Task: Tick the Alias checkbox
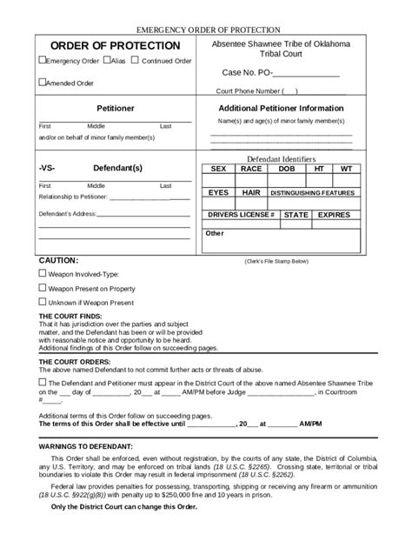point(106,61)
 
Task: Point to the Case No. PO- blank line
point(307,74)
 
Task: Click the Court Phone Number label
point(249,90)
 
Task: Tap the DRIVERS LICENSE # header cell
point(241,214)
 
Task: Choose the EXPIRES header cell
point(334,214)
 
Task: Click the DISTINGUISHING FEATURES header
point(312,192)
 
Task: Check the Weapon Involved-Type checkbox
point(42,272)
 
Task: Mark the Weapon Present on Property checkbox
point(42,287)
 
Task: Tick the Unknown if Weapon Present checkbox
point(42,302)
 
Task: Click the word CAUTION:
point(59,260)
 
